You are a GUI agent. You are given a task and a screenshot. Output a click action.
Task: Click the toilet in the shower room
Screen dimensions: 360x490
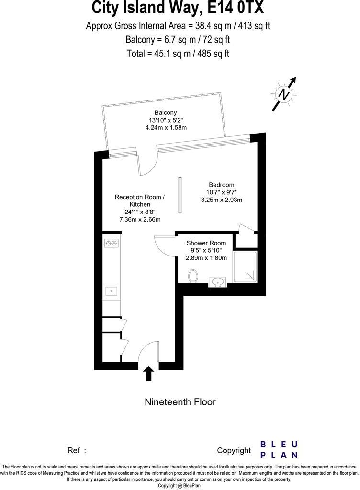click(x=193, y=276)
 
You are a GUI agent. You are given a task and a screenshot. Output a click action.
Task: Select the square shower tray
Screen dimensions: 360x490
click(x=245, y=267)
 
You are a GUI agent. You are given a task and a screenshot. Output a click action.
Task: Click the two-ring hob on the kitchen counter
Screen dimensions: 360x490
click(x=112, y=244)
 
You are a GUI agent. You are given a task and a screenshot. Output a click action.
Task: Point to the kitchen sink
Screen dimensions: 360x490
click(x=112, y=290)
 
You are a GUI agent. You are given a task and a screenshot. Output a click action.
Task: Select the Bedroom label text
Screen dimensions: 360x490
click(x=222, y=185)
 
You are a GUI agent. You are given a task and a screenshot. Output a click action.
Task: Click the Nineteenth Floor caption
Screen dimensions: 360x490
click(x=180, y=402)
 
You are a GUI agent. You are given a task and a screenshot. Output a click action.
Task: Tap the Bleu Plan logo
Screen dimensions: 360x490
click(x=279, y=450)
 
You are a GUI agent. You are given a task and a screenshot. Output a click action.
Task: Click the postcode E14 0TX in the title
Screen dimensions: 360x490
click(x=232, y=8)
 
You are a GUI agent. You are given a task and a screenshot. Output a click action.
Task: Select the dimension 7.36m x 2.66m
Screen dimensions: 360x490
click(x=139, y=219)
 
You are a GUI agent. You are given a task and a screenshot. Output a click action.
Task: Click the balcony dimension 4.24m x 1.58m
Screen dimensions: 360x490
click(x=166, y=128)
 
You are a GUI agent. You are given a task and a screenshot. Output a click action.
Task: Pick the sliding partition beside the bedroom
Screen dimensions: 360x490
click(x=180, y=195)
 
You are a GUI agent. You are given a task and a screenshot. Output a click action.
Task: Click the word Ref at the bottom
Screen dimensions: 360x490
click(x=74, y=450)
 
